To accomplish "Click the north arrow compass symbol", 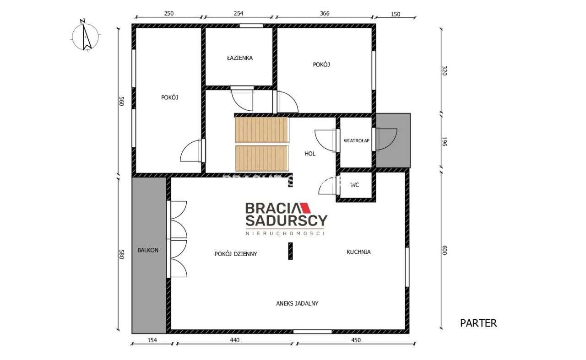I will pyautogui.click(x=85, y=35).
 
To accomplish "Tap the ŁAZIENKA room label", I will pyautogui.click(x=239, y=58).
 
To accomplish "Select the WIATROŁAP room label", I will pyautogui.click(x=356, y=141).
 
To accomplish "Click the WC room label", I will pyautogui.click(x=354, y=185).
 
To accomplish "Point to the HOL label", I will pyautogui.click(x=310, y=154).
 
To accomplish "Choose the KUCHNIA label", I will pyautogui.click(x=358, y=252).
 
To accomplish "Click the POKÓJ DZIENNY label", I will pyautogui.click(x=235, y=254).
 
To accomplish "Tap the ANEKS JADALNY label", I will pyautogui.click(x=297, y=303).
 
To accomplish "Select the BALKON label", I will pyautogui.click(x=148, y=250).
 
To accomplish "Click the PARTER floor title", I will pyautogui.click(x=478, y=323).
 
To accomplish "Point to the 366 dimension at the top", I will pyautogui.click(x=324, y=14).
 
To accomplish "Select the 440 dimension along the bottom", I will pyautogui.click(x=234, y=340).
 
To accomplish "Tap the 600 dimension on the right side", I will pyautogui.click(x=444, y=251).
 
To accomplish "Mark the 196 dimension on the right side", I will pyautogui.click(x=444, y=141).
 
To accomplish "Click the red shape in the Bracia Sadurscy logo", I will pyautogui.click(x=305, y=208).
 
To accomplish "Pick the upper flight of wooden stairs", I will pyautogui.click(x=261, y=129).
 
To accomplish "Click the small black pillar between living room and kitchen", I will pyautogui.click(x=290, y=251).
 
